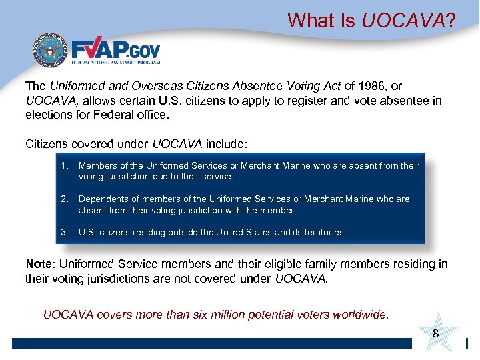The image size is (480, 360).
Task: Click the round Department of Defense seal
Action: point(47,51)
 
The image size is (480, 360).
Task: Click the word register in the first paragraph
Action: point(313,100)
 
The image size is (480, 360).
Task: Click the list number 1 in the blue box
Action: point(65,166)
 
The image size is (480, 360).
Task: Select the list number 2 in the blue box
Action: point(65,199)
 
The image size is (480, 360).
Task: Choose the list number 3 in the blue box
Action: point(65,233)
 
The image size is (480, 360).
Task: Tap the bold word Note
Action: point(39,264)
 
